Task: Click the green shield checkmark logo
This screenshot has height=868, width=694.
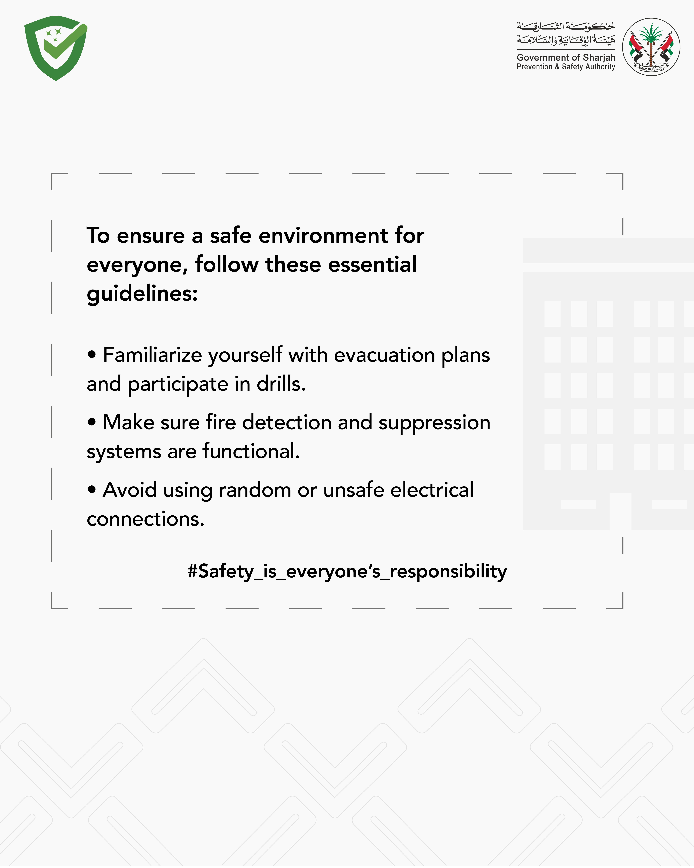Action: (x=56, y=48)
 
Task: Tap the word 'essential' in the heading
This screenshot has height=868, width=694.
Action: (x=372, y=265)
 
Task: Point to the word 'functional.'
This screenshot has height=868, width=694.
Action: (x=251, y=451)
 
